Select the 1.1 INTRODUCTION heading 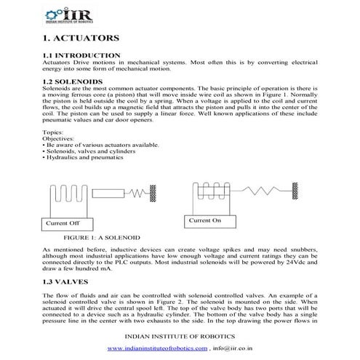81,55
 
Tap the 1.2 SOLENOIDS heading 76,81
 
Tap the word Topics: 53,132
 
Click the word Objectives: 58,138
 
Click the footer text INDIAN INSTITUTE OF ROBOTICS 180,337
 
